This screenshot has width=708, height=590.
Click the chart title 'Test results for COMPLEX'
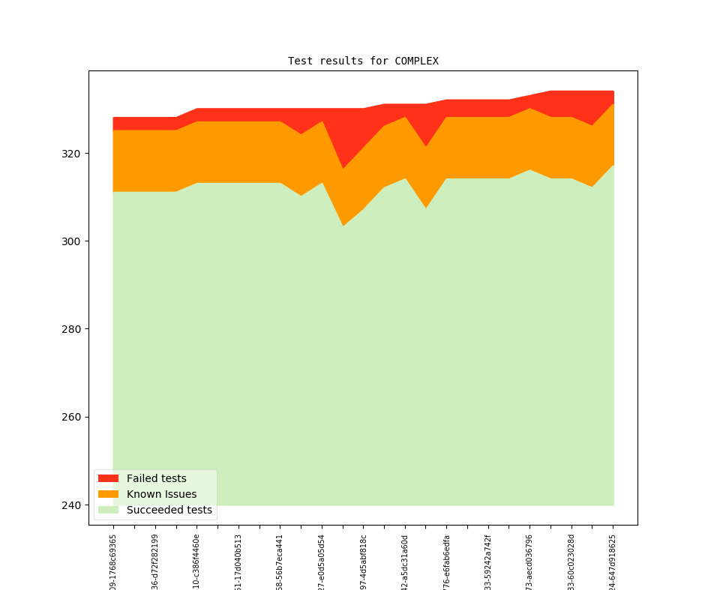click(363, 61)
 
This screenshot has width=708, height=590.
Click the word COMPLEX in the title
click(416, 61)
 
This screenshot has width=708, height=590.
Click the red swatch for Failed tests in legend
click(108, 478)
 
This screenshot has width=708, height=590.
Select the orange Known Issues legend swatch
click(108, 494)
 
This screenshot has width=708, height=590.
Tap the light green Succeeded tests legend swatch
click(108, 510)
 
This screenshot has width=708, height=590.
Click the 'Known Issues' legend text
click(161, 494)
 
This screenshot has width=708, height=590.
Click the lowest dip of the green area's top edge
click(343, 226)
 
